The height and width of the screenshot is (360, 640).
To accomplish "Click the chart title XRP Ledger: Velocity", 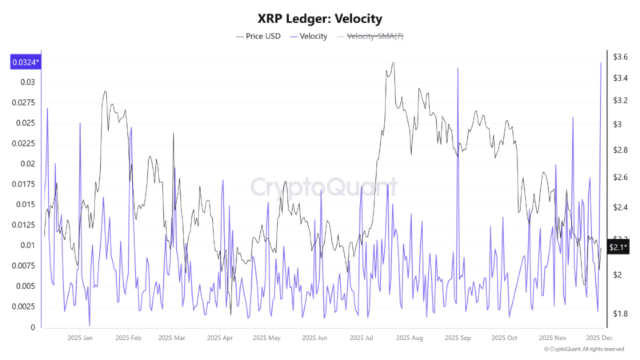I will point(320,18).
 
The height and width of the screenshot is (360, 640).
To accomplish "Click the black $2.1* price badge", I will point(618,249).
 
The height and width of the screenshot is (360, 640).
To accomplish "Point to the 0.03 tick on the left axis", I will point(28,82).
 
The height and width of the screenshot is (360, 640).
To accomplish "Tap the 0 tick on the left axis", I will point(33,327).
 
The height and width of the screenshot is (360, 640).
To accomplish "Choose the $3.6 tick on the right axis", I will point(619,57).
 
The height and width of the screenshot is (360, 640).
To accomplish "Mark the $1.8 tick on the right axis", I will point(619,314).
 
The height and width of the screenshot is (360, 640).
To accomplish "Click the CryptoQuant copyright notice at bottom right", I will point(583,350).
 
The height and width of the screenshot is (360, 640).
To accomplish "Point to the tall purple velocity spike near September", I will point(458,70).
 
